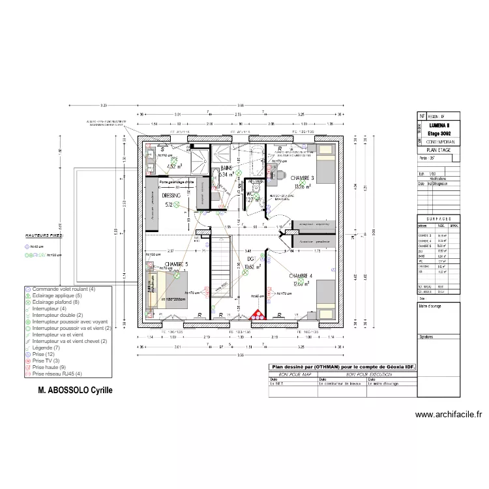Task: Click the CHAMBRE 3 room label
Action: pyautogui.click(x=302, y=178)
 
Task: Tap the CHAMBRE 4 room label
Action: pyautogui.click(x=301, y=276)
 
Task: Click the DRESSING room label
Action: pyautogui.click(x=171, y=195)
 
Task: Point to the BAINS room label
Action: pyautogui.click(x=226, y=168)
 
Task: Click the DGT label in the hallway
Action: pyautogui.click(x=252, y=258)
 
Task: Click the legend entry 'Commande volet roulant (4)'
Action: pyautogui.click(x=63, y=289)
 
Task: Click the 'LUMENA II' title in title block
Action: pyautogui.click(x=440, y=125)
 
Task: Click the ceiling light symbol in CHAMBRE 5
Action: pyautogui.click(x=176, y=276)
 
